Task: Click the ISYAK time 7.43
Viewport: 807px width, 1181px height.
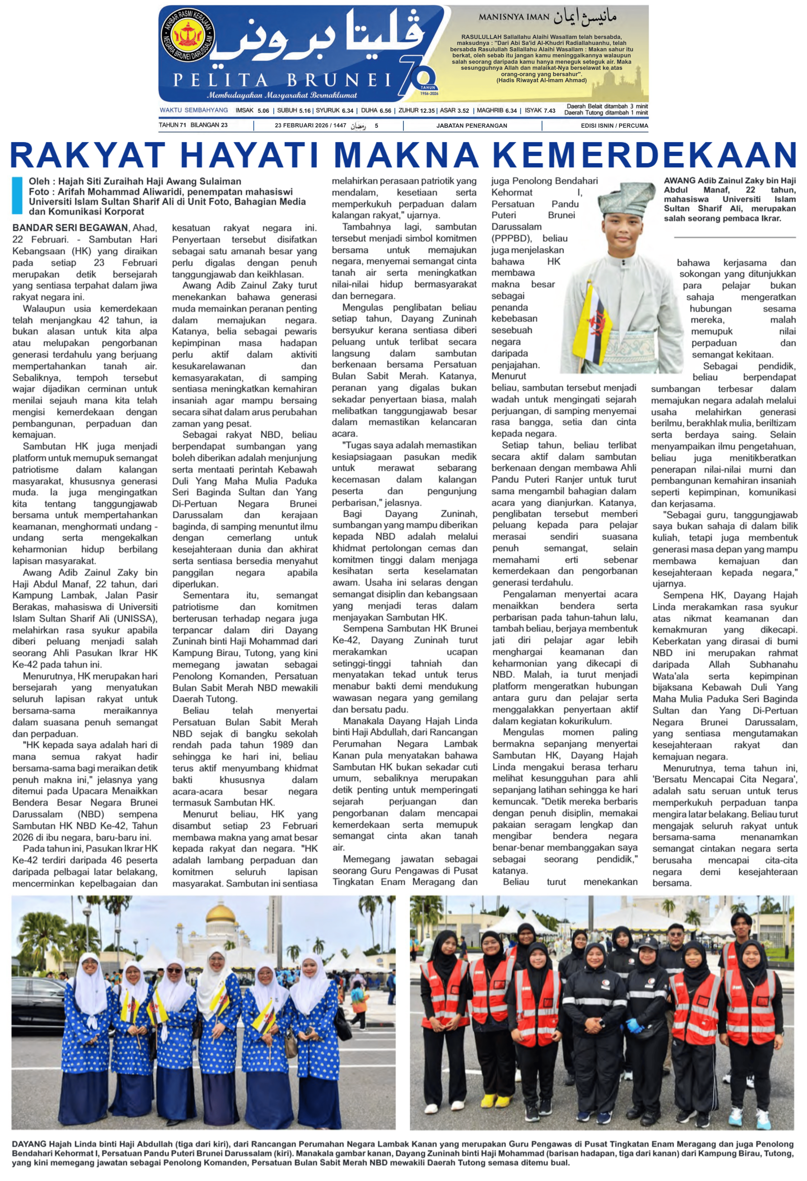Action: pos(549,110)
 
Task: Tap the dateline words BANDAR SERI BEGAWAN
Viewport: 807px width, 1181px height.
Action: pos(70,228)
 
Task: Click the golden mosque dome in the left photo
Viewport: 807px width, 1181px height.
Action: pos(220,913)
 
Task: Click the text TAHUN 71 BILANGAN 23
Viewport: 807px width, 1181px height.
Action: pos(193,126)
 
